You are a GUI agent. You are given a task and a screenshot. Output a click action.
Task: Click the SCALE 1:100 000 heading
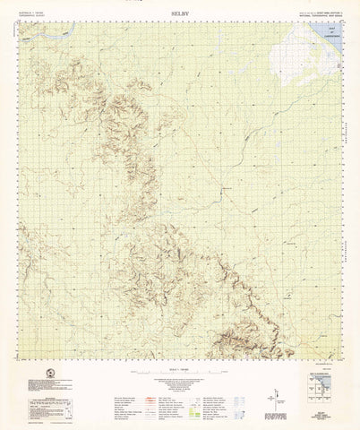pos(180,369)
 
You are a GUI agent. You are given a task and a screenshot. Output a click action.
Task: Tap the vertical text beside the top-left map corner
pos(16,36)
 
